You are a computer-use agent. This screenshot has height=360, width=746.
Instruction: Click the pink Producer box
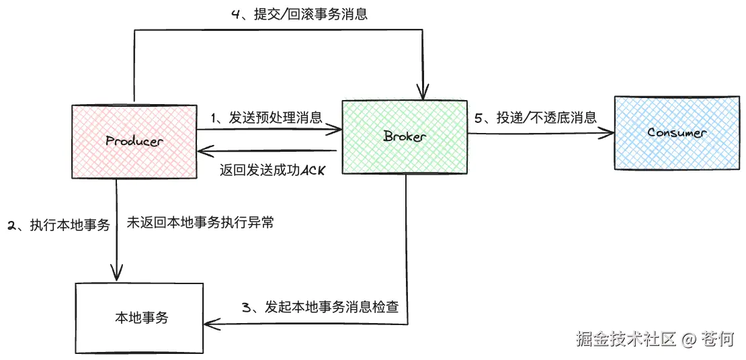(x=134, y=142)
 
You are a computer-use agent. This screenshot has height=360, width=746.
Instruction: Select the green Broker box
(x=405, y=137)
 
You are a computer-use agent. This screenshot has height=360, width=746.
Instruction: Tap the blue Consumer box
(x=677, y=132)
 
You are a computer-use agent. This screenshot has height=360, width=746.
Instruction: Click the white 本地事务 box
(x=139, y=318)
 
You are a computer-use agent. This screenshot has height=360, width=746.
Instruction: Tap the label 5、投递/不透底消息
(x=536, y=118)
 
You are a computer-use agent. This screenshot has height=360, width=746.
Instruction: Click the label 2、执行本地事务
(x=58, y=225)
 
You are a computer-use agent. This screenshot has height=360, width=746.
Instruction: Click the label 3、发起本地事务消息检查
(x=320, y=308)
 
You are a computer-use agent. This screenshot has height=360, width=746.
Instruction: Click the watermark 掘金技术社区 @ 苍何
(x=654, y=339)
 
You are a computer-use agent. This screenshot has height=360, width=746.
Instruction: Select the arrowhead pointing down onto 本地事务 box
(x=117, y=274)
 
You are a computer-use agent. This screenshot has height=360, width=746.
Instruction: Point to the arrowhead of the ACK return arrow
(x=202, y=151)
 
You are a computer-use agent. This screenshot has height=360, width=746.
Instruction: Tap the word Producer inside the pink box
(x=134, y=142)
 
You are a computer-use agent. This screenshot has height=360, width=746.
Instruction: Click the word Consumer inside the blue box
(x=677, y=132)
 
